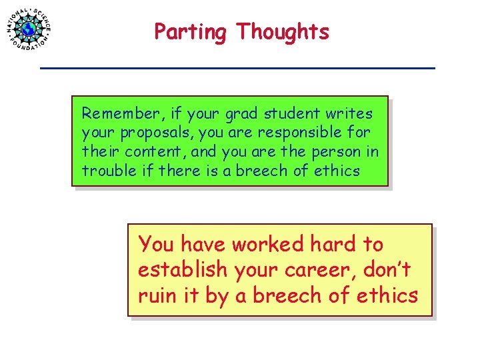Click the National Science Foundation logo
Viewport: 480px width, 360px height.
(29, 29)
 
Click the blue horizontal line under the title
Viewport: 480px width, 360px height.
(237, 68)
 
